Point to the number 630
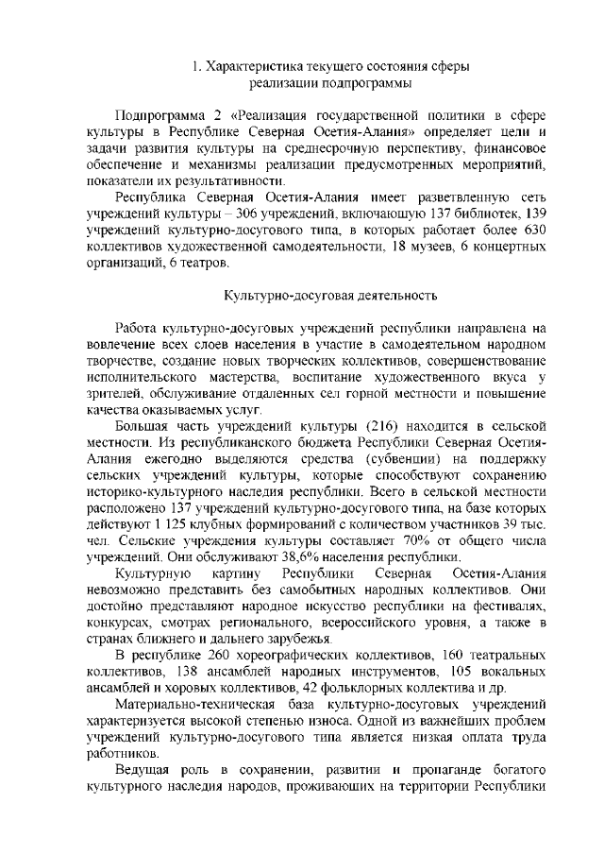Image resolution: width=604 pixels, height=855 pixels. (x=534, y=231)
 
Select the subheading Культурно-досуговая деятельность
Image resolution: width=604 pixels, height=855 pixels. (x=328, y=295)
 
